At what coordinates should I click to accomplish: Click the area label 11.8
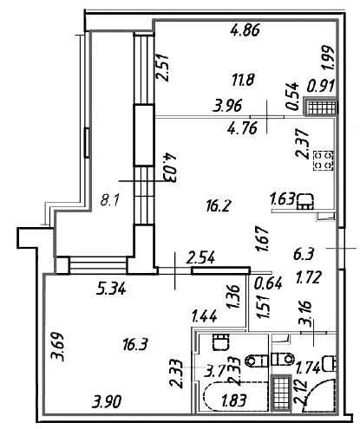[243, 80]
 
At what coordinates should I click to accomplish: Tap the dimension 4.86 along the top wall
[245, 30]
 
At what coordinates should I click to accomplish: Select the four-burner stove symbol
[323, 160]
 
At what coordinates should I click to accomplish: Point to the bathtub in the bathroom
[235, 396]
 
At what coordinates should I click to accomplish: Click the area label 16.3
[135, 345]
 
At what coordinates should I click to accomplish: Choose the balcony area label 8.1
[109, 200]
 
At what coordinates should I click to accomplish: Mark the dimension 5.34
[111, 289]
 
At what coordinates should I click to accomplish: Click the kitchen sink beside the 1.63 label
[305, 201]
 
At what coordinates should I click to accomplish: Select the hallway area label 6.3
[304, 255]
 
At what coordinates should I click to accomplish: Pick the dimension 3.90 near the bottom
[107, 401]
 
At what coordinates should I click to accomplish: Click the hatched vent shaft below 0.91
[322, 107]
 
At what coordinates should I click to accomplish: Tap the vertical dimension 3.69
[57, 347]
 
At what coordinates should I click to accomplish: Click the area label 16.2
[219, 206]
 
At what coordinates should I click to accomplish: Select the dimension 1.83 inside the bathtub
[234, 400]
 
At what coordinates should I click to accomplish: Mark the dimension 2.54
[200, 257]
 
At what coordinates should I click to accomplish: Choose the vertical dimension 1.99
[329, 58]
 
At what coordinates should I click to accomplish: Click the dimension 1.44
[205, 317]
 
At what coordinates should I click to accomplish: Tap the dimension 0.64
[268, 283]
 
